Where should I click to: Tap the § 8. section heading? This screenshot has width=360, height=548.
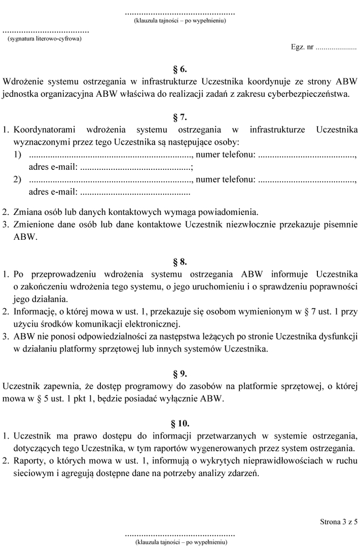[x=180, y=262]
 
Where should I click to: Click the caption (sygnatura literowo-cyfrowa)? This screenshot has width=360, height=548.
[x=45, y=38]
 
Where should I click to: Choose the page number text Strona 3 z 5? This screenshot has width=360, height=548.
[x=339, y=521]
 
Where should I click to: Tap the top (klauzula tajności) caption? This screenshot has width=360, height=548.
[x=180, y=21]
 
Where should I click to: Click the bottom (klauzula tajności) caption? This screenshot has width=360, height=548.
[x=180, y=542]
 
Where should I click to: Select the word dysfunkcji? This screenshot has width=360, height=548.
[x=339, y=336]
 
